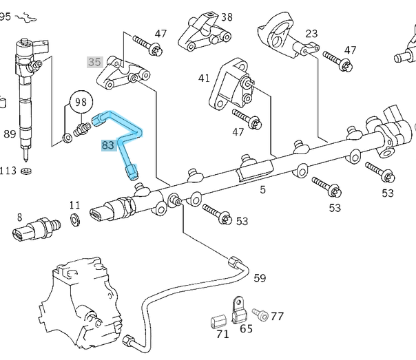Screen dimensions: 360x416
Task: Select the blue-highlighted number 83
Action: [107, 145]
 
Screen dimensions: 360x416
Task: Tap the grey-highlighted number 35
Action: [94, 61]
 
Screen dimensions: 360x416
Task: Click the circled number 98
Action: [82, 103]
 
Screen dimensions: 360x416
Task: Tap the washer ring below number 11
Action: [75, 220]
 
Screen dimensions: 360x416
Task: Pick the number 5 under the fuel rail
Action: [262, 189]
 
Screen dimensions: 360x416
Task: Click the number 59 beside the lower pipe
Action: [260, 278]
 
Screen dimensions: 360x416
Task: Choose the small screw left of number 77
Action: [260, 315]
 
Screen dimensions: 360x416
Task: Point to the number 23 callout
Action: [311, 33]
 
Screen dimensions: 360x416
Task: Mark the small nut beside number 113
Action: [27, 171]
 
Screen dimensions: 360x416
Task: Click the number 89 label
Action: [10, 134]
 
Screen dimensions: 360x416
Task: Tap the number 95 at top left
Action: [5, 17]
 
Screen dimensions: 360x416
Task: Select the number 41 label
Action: [204, 78]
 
